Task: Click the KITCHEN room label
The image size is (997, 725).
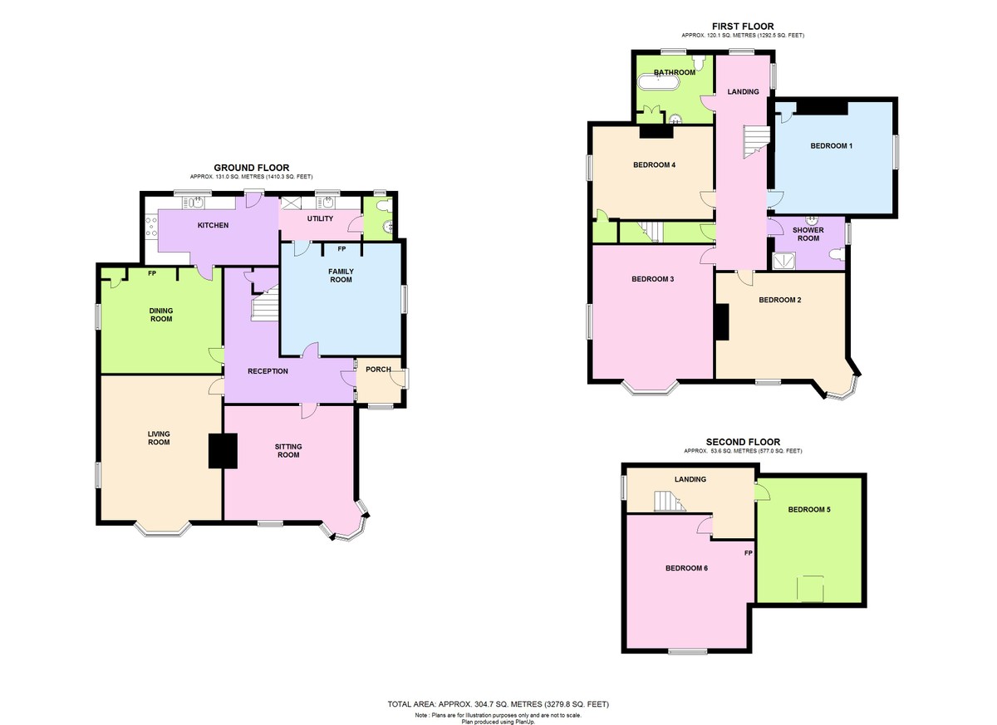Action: pyautogui.click(x=213, y=225)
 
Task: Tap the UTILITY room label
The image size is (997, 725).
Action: pyautogui.click(x=320, y=219)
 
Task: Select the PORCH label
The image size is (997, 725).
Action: pyautogui.click(x=378, y=370)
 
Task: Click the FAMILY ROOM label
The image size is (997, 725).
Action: pyautogui.click(x=341, y=276)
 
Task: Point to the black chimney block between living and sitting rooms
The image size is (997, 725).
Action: pyautogui.click(x=223, y=451)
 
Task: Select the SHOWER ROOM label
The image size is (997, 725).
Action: pyautogui.click(x=808, y=233)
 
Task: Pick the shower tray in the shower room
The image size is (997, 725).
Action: pyautogui.click(x=783, y=262)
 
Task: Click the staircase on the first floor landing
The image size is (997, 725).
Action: pyautogui.click(x=755, y=139)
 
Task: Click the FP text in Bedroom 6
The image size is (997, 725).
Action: pyautogui.click(x=748, y=553)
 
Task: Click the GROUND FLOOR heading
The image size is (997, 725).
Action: pyautogui.click(x=252, y=168)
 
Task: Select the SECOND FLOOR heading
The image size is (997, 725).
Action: pyautogui.click(x=743, y=442)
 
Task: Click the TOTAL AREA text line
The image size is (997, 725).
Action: pyautogui.click(x=498, y=704)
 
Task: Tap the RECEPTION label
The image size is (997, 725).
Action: pyautogui.click(x=268, y=371)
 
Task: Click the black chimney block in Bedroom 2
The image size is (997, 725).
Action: pyautogui.click(x=721, y=322)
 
